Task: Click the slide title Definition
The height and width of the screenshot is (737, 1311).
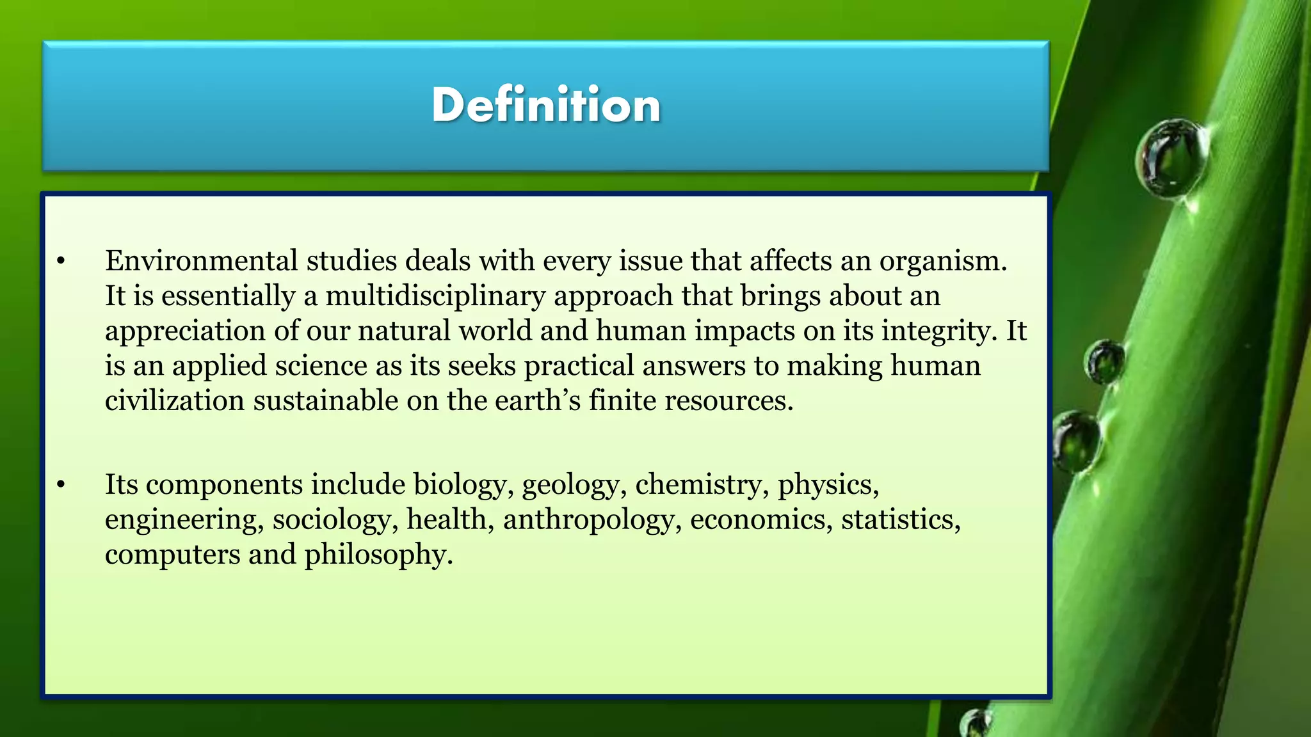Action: [x=546, y=105]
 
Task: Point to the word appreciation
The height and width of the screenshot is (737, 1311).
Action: [x=185, y=331]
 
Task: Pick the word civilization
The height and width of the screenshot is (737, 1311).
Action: [x=174, y=401]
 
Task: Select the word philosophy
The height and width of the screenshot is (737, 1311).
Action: [x=378, y=555]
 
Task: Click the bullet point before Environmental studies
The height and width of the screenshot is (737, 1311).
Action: [x=61, y=261]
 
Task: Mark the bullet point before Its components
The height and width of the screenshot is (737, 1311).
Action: [x=61, y=485]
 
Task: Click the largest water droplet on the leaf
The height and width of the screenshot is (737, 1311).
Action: [x=1171, y=157]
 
